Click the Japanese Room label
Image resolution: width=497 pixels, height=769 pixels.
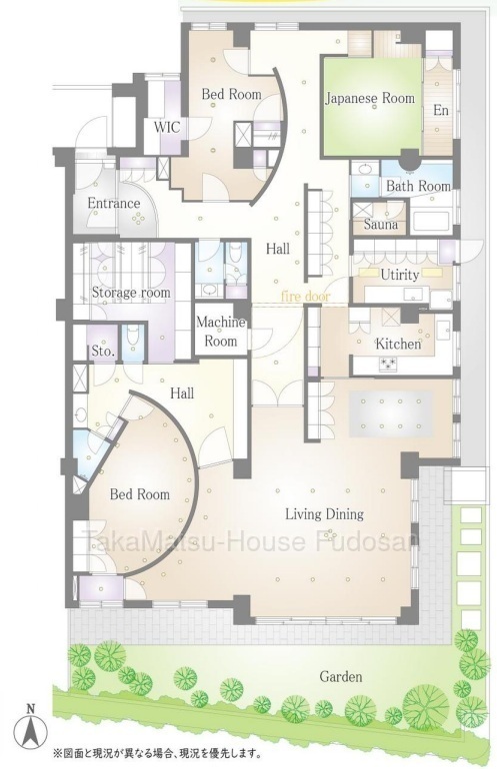tap(370, 98)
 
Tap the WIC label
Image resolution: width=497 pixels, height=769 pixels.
tap(167, 128)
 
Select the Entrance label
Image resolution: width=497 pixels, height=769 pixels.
tap(113, 203)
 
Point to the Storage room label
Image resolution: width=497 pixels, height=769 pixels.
tap(131, 293)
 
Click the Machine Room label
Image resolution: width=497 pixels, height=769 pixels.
tap(221, 331)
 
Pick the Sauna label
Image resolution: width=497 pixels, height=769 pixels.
tap(381, 225)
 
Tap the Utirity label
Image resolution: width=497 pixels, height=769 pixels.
tap(400, 275)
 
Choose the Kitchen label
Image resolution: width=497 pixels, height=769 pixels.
tap(398, 344)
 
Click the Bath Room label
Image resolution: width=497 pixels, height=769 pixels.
tap(418, 186)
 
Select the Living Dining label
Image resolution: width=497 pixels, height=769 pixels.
tap(325, 514)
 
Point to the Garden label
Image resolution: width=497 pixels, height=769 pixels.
tap(341, 677)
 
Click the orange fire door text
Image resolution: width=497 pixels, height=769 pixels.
tap(305, 297)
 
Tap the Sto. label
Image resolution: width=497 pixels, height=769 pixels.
tap(103, 352)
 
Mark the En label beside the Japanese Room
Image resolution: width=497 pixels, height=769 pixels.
tap(441, 110)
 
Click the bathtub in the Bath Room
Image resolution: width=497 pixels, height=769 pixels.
tap(431, 221)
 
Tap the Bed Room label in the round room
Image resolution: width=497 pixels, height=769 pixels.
tap(139, 494)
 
